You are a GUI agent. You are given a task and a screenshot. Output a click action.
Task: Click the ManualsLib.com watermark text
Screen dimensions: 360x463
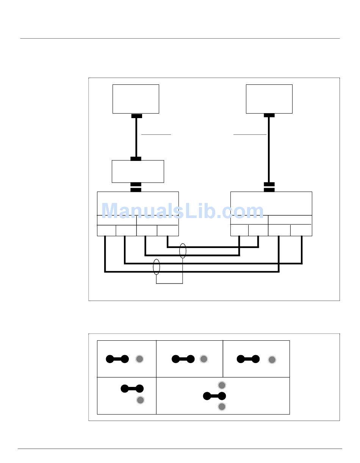(183, 211)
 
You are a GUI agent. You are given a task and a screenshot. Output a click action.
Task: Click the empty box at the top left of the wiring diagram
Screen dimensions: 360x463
(136, 99)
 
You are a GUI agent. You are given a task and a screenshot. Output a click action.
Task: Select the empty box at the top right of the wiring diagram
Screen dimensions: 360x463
(269, 99)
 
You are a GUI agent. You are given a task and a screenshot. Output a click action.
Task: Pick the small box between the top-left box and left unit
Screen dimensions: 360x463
(138, 171)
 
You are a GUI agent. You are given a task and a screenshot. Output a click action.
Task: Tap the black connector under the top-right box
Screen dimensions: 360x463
(269, 115)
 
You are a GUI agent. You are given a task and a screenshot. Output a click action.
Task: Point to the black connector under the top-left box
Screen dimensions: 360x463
(136, 116)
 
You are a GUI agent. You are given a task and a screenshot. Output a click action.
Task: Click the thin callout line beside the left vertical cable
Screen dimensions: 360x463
(156, 135)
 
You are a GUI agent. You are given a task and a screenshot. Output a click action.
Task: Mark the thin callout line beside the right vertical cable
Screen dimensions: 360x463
(250, 135)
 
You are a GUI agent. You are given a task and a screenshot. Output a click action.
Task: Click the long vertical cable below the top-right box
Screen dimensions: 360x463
(269, 150)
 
